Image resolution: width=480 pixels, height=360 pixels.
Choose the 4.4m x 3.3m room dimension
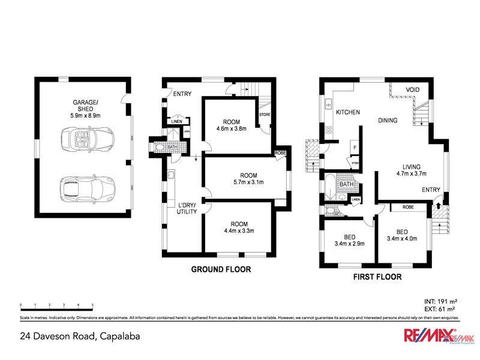(x=239, y=230)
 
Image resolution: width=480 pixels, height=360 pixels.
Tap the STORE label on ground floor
(x=265, y=114)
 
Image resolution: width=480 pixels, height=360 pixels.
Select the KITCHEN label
(x=347, y=112)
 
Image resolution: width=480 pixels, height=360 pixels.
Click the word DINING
(x=388, y=121)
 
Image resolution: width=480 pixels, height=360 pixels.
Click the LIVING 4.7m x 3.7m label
(x=412, y=170)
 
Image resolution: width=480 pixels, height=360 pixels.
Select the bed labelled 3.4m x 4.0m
(x=402, y=235)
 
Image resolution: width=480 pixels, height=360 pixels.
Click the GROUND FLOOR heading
(x=221, y=269)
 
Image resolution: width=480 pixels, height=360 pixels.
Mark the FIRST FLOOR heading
(x=377, y=277)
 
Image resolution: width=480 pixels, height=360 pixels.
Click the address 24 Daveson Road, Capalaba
(x=80, y=337)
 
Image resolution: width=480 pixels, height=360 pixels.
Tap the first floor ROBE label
(x=408, y=207)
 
